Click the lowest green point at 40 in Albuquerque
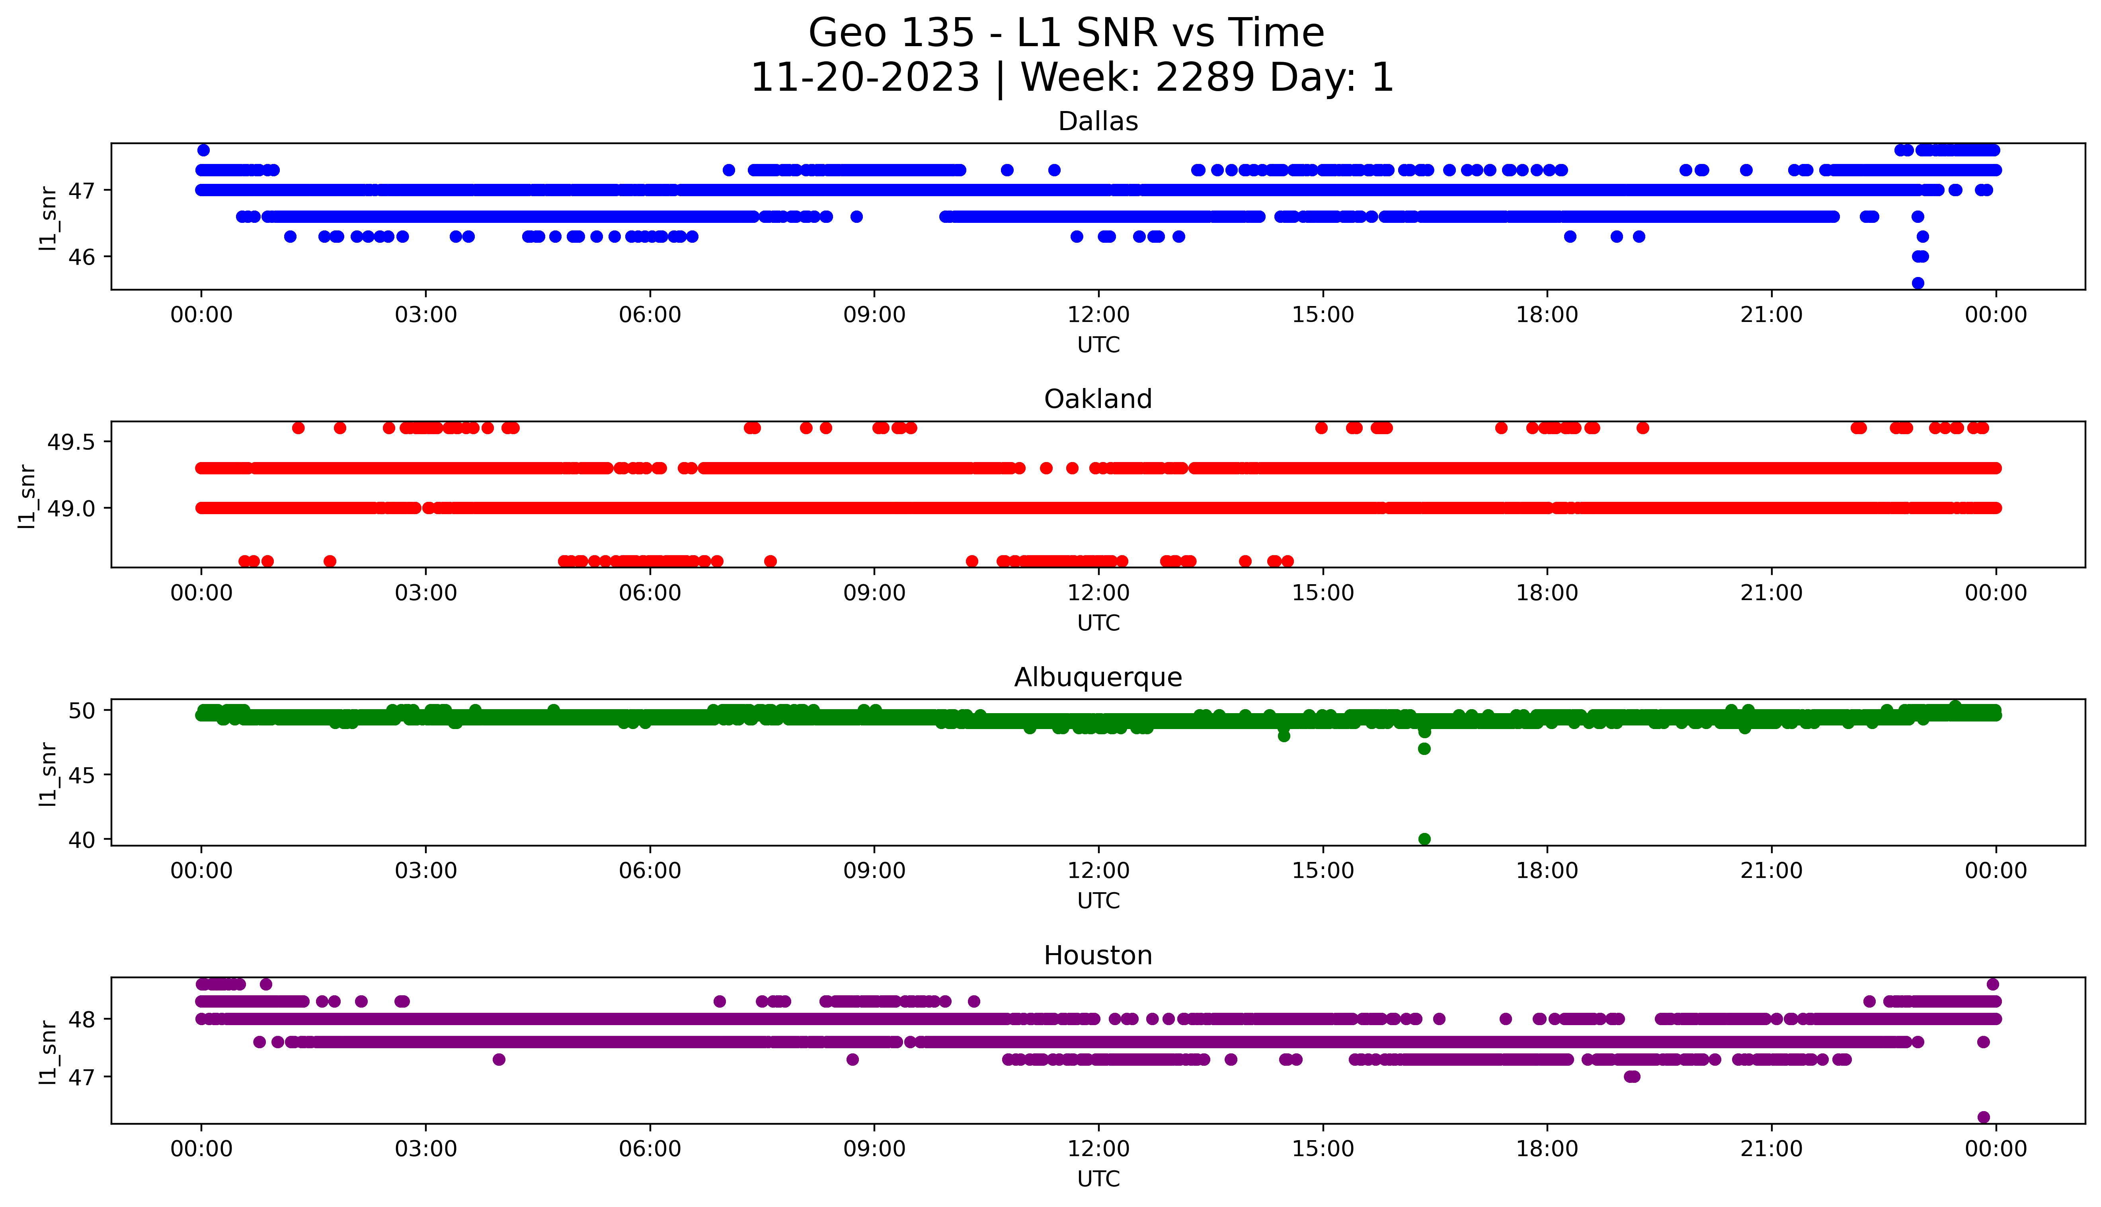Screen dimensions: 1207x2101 click(1424, 839)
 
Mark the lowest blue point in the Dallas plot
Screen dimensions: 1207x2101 click(1917, 283)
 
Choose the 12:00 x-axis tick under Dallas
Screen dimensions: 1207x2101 click(1098, 315)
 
